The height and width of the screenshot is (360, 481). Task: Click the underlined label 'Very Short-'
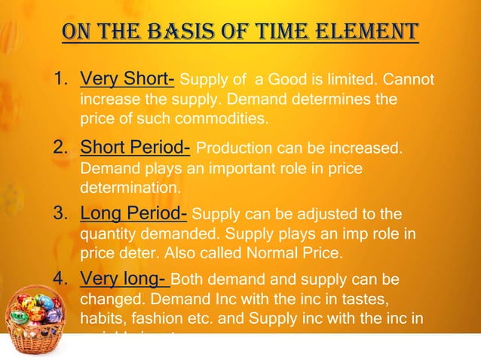[128, 80]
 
